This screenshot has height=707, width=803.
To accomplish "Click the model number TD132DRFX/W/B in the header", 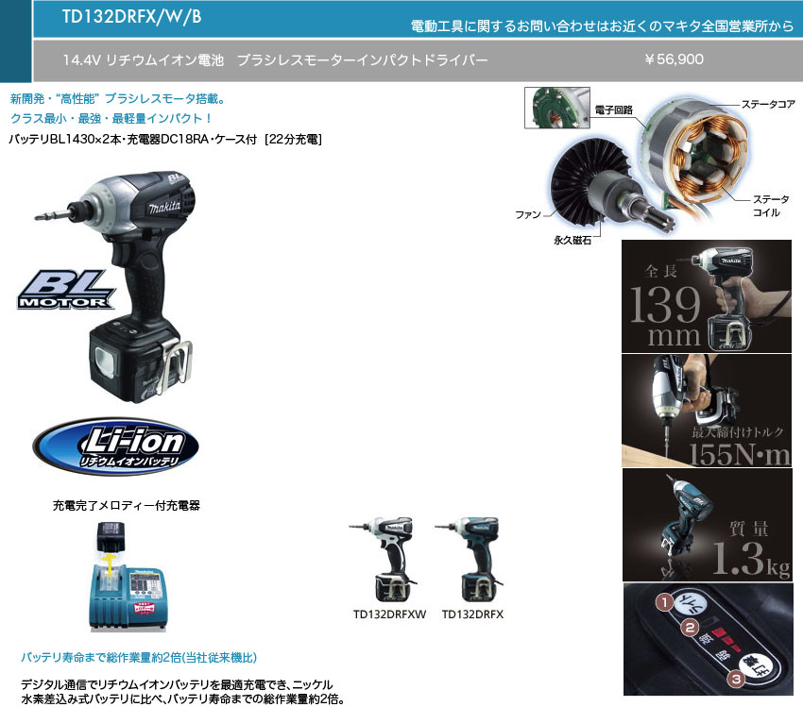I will tap(131, 16).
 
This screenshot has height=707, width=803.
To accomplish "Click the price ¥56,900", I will tap(674, 59).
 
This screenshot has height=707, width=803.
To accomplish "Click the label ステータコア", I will tap(767, 104).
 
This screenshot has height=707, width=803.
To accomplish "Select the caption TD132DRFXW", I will tap(389, 614).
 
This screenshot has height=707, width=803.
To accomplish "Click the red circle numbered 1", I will tap(665, 599).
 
